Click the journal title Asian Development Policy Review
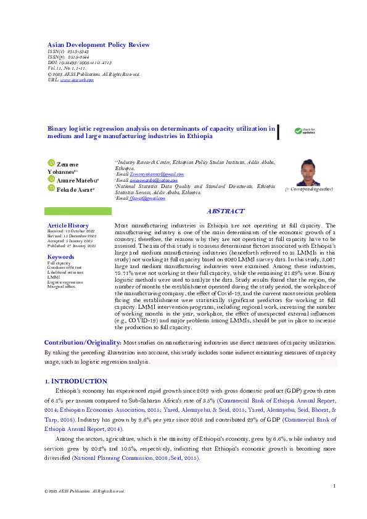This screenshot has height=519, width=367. click(x=98, y=45)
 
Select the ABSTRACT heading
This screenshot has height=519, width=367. click(x=225, y=211)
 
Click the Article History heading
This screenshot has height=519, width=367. click(x=68, y=226)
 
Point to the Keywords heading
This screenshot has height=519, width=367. click(x=60, y=256)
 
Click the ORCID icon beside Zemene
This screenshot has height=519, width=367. click(x=52, y=163)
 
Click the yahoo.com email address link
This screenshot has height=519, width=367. click(x=154, y=180)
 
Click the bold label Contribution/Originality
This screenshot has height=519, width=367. click(x=82, y=341)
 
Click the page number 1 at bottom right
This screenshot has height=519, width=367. click(x=334, y=486)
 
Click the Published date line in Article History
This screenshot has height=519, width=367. click(x=72, y=246)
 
